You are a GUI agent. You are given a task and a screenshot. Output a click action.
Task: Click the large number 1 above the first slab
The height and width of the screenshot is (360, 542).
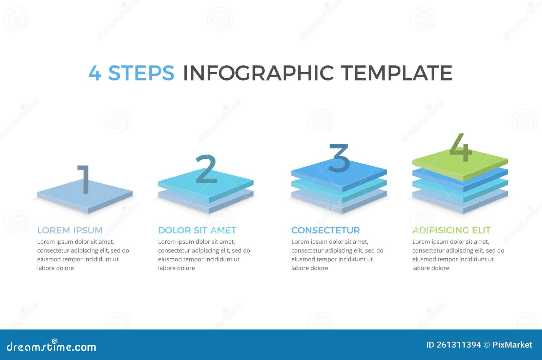(x=84, y=179)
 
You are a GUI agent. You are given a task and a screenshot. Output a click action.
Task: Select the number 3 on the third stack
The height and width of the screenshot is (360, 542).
(x=339, y=158)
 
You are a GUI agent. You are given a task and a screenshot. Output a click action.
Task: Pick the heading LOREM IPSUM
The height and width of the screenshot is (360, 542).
(x=70, y=230)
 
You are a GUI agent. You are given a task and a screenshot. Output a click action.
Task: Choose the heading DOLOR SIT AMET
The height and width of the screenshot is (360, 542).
(x=197, y=230)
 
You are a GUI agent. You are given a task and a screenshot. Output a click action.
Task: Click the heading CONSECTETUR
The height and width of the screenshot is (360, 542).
(x=325, y=230)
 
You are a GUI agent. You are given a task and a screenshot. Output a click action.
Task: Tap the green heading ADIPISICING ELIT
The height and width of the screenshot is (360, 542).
(x=451, y=230)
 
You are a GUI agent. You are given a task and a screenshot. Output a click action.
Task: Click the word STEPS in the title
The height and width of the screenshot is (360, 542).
(x=141, y=73)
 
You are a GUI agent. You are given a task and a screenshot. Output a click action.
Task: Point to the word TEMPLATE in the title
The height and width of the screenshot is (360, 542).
(x=396, y=73)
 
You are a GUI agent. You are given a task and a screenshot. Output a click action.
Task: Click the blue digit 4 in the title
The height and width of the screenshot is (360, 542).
(x=95, y=73)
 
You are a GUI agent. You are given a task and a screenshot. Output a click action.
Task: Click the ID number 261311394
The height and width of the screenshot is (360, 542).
(x=458, y=345)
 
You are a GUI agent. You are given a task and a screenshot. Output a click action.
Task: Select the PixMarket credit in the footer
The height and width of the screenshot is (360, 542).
(x=512, y=345)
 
